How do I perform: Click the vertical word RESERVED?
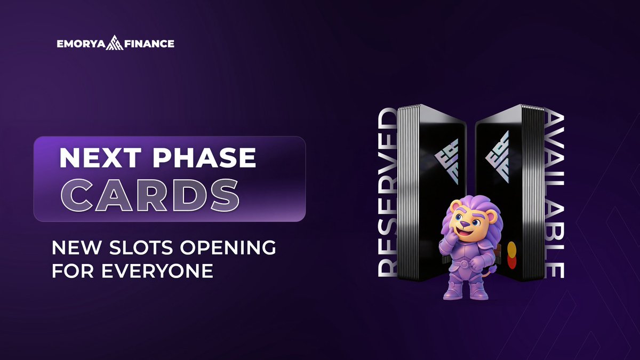(x=388, y=192)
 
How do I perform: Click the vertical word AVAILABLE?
(x=555, y=195)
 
